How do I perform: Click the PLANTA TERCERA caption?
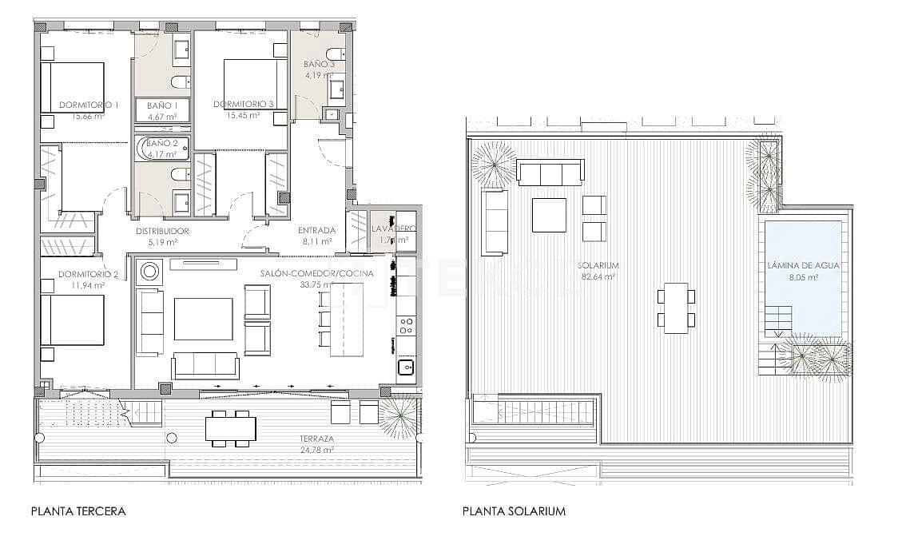click(x=78, y=511)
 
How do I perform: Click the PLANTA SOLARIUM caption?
click(x=514, y=511)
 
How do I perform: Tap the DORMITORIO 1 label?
click(x=89, y=105)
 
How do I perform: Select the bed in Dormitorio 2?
click(x=73, y=320)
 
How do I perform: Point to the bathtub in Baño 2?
click(x=163, y=148)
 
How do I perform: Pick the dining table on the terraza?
click(x=230, y=428)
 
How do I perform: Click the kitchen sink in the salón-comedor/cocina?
click(x=406, y=367)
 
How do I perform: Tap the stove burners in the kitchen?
click(x=406, y=325)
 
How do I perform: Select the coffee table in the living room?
click(x=203, y=319)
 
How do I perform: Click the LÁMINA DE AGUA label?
click(x=803, y=266)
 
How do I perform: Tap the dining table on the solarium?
click(x=676, y=308)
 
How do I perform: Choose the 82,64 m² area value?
click(x=598, y=277)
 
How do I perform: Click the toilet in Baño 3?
click(x=336, y=54)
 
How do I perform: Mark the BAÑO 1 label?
click(x=162, y=105)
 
